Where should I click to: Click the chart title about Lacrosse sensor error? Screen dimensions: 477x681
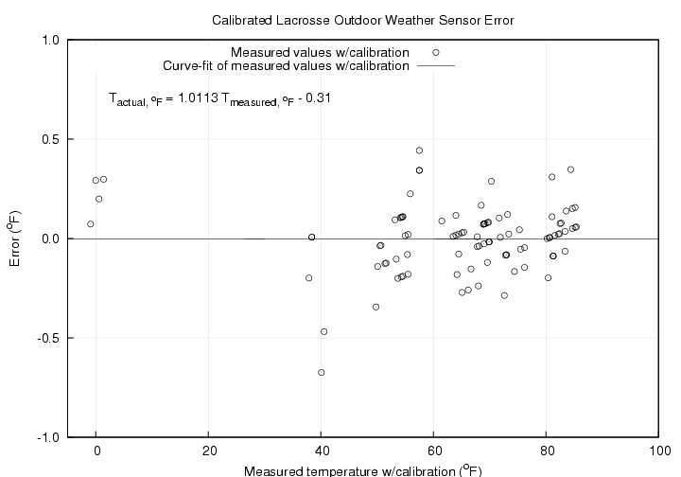coord(364,19)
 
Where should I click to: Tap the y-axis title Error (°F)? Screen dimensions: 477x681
coord(14,238)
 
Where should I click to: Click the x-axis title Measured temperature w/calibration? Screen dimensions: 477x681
coord(362,470)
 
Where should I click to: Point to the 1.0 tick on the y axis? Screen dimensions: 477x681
coord(51,41)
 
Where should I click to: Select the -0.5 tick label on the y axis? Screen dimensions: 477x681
coord(49,338)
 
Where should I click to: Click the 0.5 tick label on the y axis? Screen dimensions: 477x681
coord(51,140)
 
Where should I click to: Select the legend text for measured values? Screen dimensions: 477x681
coord(320,52)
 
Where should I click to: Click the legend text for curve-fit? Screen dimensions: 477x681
coord(287,66)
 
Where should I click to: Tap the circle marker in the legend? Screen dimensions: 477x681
coord(436,52)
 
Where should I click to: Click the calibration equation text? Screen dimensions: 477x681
coord(219,97)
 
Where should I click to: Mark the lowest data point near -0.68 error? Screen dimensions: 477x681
coord(322,373)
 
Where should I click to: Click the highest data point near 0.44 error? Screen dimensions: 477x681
coord(419,150)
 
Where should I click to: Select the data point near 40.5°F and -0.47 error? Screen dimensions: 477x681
coord(324,331)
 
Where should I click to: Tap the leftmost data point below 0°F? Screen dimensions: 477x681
coord(91,224)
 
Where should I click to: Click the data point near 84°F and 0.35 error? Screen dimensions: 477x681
coord(570,169)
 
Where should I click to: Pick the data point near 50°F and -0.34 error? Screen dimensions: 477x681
coord(375,307)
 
